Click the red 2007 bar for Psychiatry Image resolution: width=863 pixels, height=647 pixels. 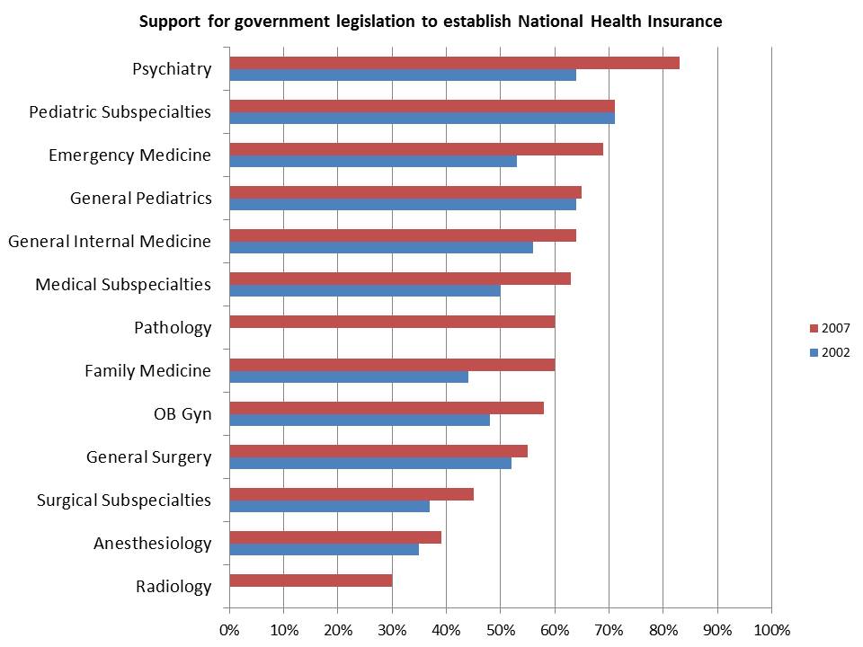coord(454,63)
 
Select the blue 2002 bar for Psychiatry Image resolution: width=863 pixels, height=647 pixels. coord(403,75)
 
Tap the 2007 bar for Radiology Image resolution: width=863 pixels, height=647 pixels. coord(311,581)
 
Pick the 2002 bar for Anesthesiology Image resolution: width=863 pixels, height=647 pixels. coord(324,549)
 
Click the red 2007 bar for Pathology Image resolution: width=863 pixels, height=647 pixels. coord(392,322)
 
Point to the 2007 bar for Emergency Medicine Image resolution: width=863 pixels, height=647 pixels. coord(416,149)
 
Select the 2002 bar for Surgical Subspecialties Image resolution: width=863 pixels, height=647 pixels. coord(329,506)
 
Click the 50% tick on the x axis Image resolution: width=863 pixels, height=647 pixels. coord(501,628)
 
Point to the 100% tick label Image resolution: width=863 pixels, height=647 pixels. coord(771,628)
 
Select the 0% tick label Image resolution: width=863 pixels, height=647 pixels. coord(229,628)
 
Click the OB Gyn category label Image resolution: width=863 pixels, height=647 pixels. coord(182,414)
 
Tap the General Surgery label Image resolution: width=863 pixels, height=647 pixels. coord(148,457)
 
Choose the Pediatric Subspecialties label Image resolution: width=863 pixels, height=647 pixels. coord(120,112)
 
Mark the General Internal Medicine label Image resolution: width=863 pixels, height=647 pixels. coord(110,241)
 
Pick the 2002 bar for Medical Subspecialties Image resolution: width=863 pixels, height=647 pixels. coord(364,290)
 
